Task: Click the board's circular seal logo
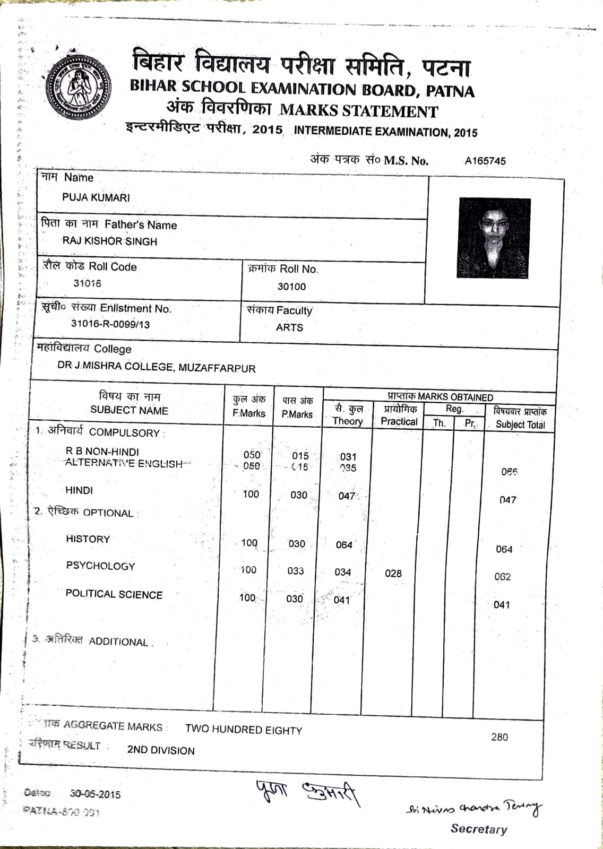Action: pyautogui.click(x=78, y=88)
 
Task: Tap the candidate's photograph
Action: pyautogui.click(x=494, y=237)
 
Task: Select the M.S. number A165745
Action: pyautogui.click(x=485, y=161)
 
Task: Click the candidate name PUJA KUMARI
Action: pyautogui.click(x=96, y=197)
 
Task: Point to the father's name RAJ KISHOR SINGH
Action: pyautogui.click(x=110, y=241)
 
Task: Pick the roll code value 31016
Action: pyautogui.click(x=88, y=283)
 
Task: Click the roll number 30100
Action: pyautogui.click(x=291, y=287)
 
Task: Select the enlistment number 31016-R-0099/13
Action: pyautogui.click(x=110, y=324)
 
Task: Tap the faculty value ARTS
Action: pyautogui.click(x=289, y=327)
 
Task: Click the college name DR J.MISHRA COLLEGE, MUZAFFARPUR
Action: pyautogui.click(x=157, y=367)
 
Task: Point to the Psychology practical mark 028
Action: pyautogui.click(x=393, y=573)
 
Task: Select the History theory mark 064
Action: pyautogui.click(x=344, y=545)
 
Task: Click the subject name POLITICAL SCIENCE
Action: pyautogui.click(x=114, y=594)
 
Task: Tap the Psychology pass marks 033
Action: pyautogui.click(x=296, y=571)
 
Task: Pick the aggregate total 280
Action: pyautogui.click(x=499, y=737)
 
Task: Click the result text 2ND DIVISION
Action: pyautogui.click(x=161, y=750)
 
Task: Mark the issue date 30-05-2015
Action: pyautogui.click(x=96, y=794)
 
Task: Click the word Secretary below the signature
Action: pyautogui.click(x=479, y=829)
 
